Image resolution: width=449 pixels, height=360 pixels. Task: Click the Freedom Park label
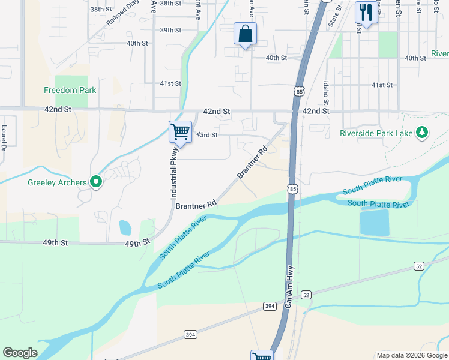point(70,90)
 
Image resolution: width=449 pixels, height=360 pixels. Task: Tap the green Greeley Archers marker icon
point(95,182)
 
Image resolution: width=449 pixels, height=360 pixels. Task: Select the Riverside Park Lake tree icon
point(422,132)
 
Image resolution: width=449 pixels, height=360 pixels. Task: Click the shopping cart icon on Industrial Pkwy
point(180,131)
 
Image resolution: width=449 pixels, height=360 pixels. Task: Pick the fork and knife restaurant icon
point(365,12)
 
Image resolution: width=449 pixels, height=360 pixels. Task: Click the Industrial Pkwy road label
point(174,174)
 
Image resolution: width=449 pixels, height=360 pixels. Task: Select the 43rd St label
point(206,135)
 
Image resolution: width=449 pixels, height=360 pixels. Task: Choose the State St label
point(334,15)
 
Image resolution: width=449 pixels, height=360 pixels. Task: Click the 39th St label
point(170,30)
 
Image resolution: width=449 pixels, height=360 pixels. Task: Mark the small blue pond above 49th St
point(125,227)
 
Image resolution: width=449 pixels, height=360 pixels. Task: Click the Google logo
point(20,353)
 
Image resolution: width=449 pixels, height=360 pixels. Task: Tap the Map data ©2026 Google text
point(411,355)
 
